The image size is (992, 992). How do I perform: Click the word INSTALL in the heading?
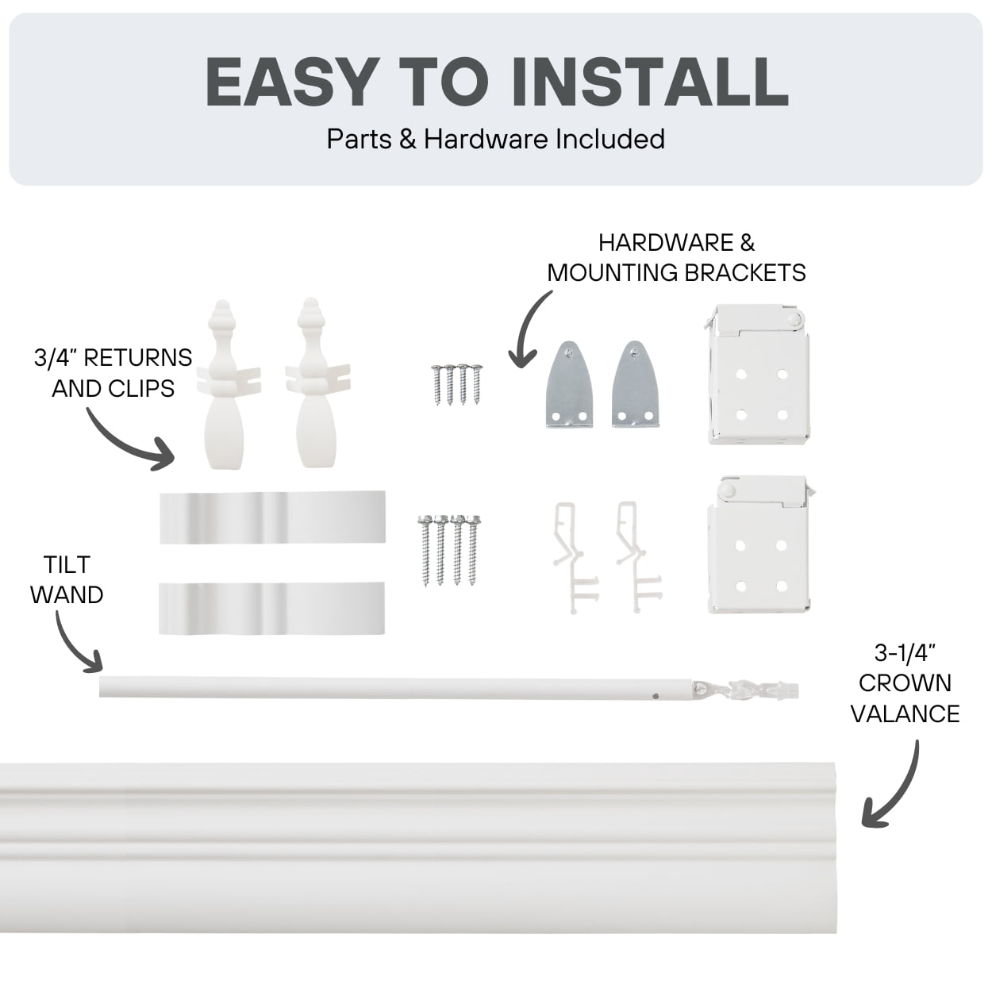[650, 82]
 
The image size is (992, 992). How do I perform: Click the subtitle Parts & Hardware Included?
[496, 139]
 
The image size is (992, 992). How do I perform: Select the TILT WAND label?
[67, 579]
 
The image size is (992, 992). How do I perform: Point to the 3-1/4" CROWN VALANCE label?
[905, 683]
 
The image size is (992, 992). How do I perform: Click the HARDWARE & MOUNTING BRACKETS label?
[676, 258]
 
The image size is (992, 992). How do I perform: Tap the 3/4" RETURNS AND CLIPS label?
[113, 373]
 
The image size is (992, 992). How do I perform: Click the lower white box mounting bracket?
[759, 544]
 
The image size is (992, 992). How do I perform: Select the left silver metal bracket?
[569, 384]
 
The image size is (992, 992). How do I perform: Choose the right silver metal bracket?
[635, 384]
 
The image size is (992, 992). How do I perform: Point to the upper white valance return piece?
[272, 517]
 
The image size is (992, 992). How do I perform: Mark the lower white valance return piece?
[272, 608]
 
